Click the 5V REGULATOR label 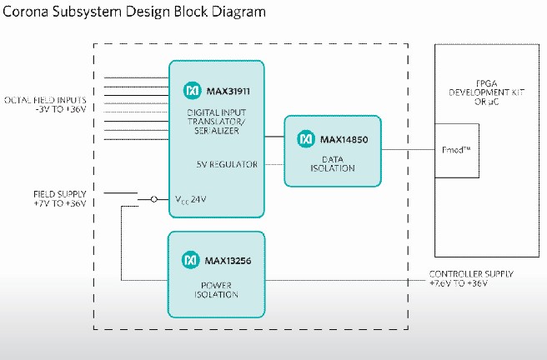click(x=228, y=163)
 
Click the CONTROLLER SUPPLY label click(x=470, y=278)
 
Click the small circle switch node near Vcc click(x=153, y=200)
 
